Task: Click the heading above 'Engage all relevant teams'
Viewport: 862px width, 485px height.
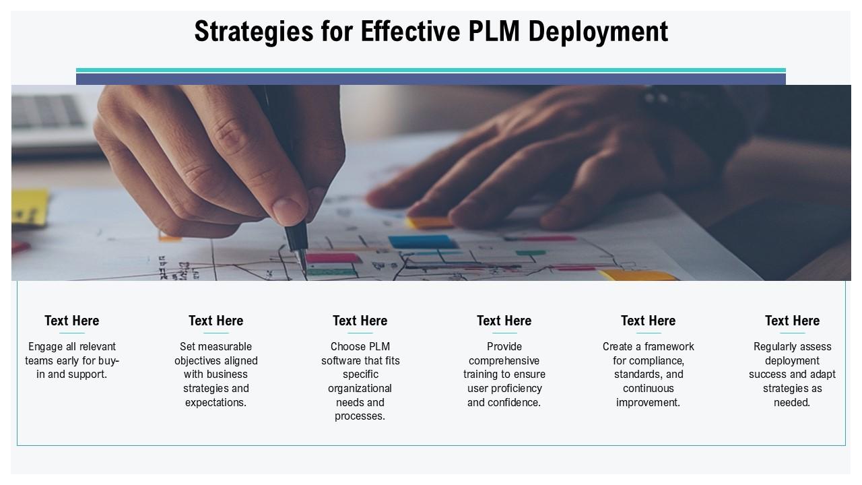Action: tap(72, 321)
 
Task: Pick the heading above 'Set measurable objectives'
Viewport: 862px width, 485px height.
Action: tap(216, 321)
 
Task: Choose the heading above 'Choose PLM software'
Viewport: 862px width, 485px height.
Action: tap(360, 321)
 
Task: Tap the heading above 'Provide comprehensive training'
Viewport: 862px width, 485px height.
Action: tap(504, 321)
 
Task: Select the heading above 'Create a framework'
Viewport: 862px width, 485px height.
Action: tap(649, 321)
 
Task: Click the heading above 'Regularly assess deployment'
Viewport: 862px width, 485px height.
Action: tap(793, 321)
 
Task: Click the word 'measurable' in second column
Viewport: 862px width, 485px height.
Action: tap(226, 347)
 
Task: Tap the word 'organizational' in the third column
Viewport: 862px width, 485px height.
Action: tap(360, 389)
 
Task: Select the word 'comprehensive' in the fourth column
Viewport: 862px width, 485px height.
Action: tap(504, 360)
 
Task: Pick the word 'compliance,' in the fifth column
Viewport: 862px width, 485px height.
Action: tap(657, 360)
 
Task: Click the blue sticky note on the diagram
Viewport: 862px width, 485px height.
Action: tap(422, 241)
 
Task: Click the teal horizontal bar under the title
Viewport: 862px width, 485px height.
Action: tap(431, 70)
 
